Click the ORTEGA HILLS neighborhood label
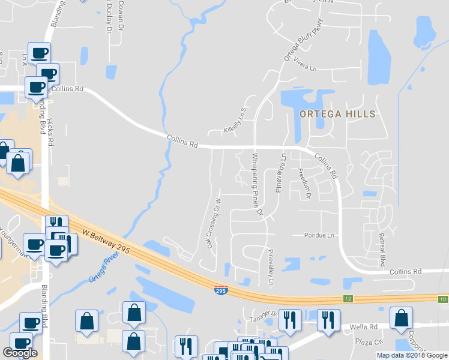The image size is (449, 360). [x=338, y=114]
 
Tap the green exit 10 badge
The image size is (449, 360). [x=442, y=299]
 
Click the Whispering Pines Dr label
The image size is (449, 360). [x=258, y=184]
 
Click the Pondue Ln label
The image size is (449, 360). [x=318, y=235]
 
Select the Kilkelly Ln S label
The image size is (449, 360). [x=235, y=121]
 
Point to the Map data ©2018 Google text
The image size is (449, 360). [x=412, y=355]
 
